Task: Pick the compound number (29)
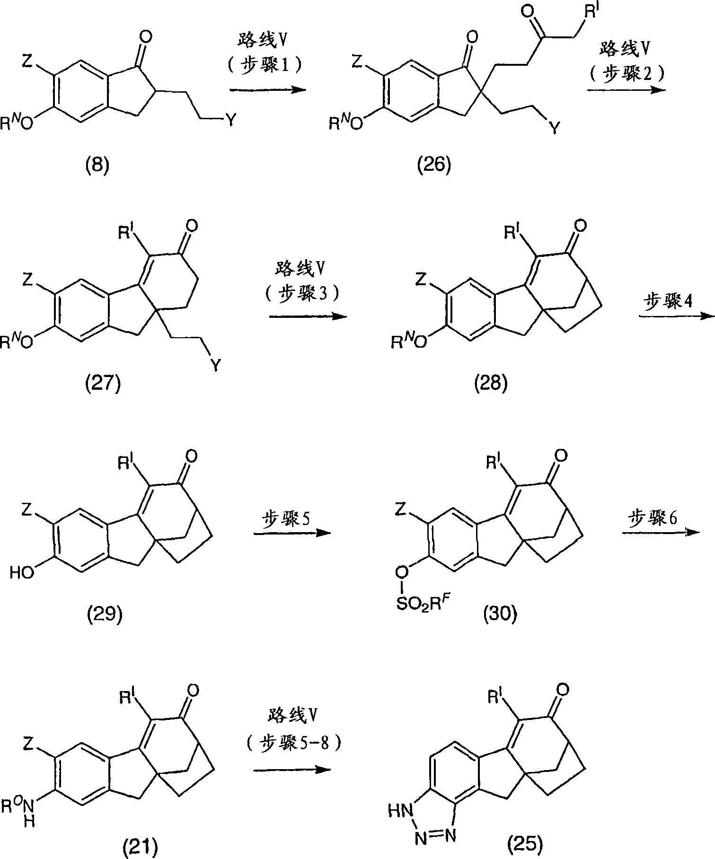[x=106, y=614]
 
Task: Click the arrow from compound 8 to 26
[x=267, y=89]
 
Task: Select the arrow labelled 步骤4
[x=676, y=316]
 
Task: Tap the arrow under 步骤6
[x=661, y=533]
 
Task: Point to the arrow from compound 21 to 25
[x=291, y=770]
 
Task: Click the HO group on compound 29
[x=22, y=572]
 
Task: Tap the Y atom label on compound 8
[x=230, y=122]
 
